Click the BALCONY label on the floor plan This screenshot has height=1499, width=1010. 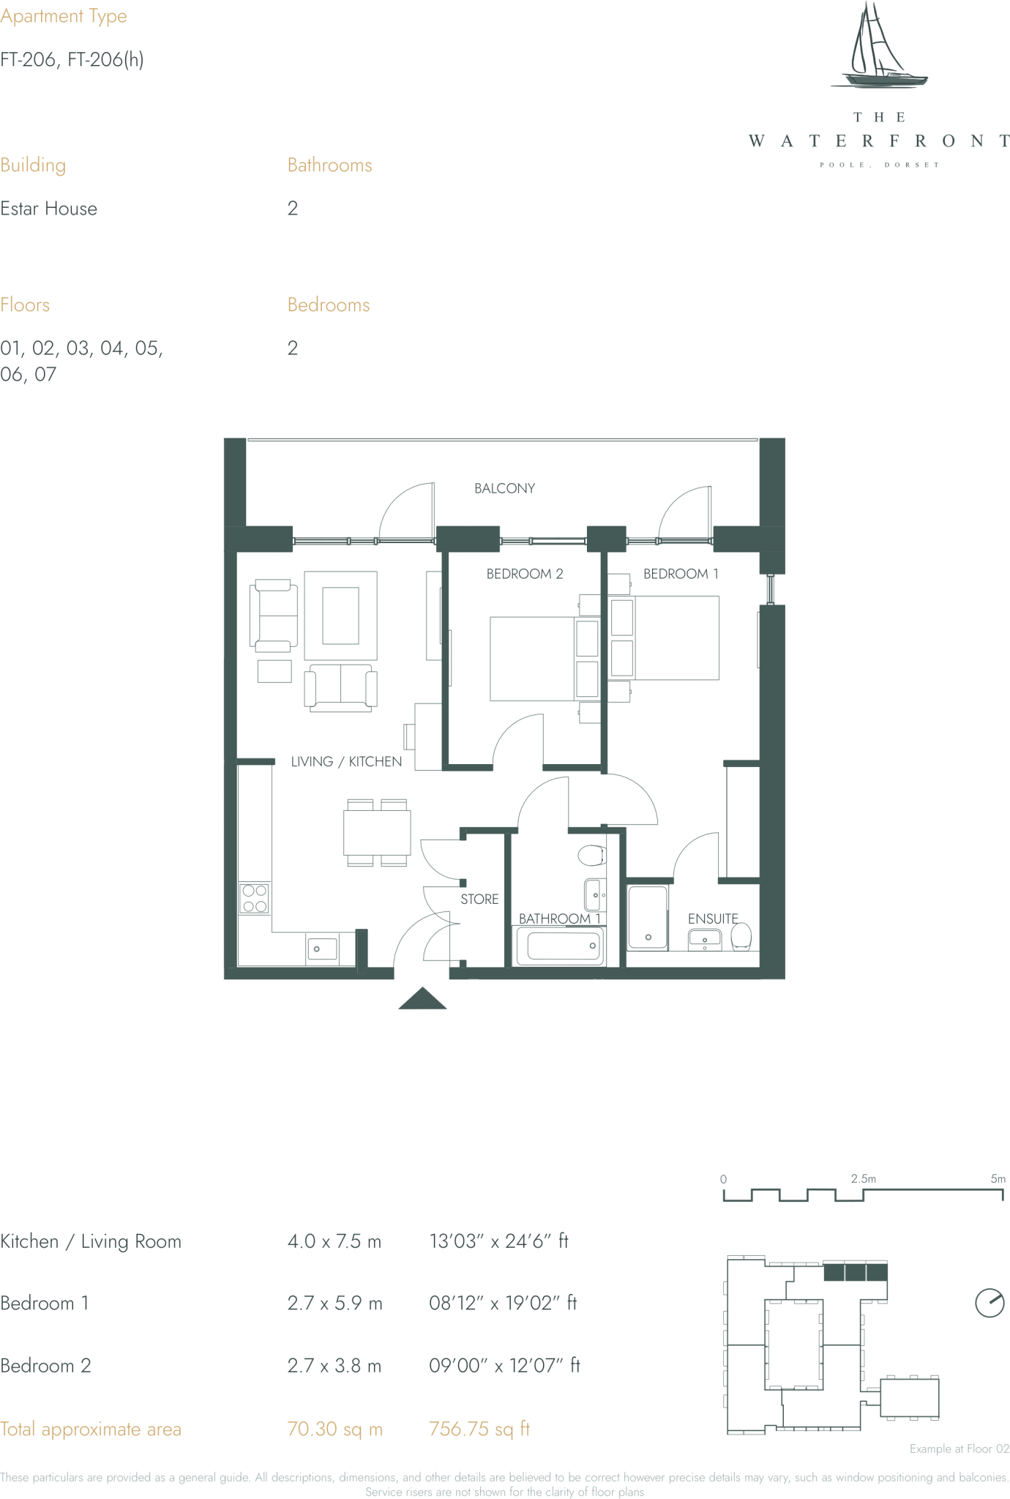tap(504, 488)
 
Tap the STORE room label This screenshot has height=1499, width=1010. tap(479, 899)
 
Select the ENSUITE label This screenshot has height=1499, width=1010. tap(712, 919)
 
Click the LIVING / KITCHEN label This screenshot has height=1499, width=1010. tap(346, 761)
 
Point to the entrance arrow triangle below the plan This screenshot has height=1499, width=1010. tap(422, 1000)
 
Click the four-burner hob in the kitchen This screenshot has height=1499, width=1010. tap(254, 898)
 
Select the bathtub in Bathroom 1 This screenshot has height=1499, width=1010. tap(561, 946)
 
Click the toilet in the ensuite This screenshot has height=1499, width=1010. tap(741, 936)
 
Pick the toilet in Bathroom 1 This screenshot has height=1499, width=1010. tap(591, 855)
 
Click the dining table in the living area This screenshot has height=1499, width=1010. tap(377, 832)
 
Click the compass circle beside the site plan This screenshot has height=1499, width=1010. tap(990, 1303)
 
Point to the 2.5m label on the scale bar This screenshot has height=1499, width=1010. tap(863, 1178)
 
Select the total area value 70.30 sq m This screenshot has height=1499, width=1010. tap(334, 1429)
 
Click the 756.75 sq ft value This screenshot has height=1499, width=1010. tap(479, 1429)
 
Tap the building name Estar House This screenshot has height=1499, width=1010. tap(49, 209)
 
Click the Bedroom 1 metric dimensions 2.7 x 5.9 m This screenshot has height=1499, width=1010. tap(334, 1303)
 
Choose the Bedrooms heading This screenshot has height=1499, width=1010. tap(329, 305)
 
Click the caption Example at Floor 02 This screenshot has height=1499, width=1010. tap(959, 1448)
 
